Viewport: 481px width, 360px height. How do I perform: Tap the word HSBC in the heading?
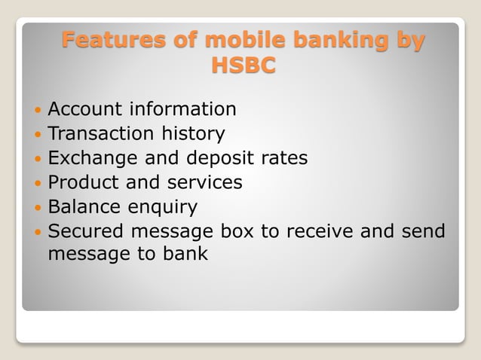(243, 66)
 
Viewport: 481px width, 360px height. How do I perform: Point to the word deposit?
(220, 159)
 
